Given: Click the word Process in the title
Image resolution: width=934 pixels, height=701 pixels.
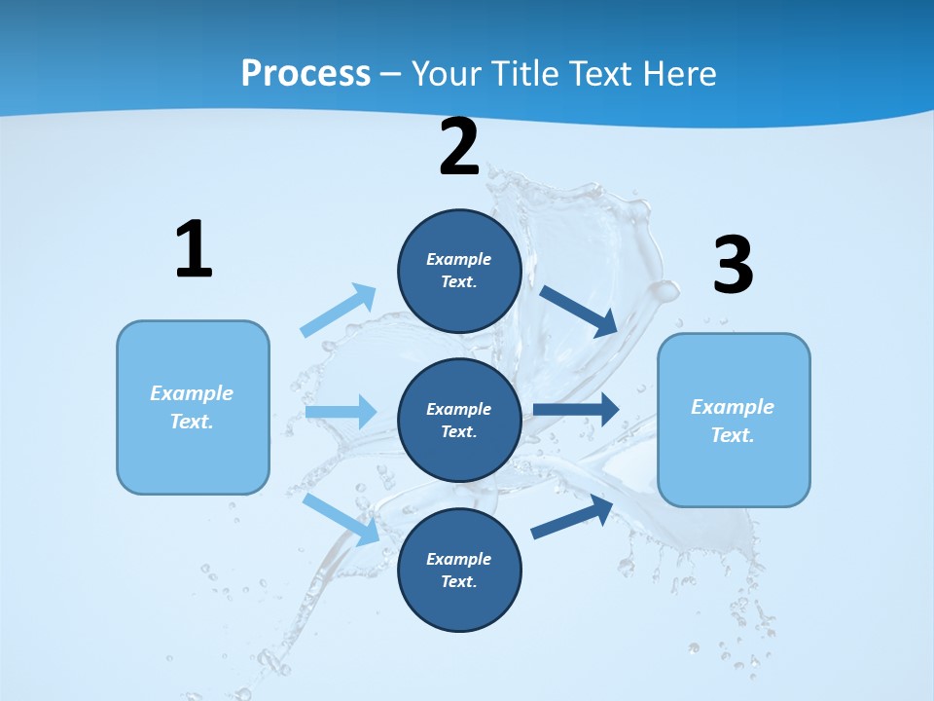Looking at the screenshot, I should pyautogui.click(x=305, y=73).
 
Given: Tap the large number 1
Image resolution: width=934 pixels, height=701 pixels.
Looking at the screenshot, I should pyautogui.click(x=194, y=250).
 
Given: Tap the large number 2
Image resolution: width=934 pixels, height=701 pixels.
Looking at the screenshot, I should pyautogui.click(x=459, y=148).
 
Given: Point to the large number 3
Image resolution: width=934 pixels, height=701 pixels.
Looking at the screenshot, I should pyautogui.click(x=733, y=266).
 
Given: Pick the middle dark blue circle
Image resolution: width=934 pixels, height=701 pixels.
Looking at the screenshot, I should pyautogui.click(x=459, y=421).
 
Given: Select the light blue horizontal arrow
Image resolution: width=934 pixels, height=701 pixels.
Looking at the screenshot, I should pyautogui.click(x=341, y=412).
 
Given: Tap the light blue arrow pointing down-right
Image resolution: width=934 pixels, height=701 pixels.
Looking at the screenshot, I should pyautogui.click(x=341, y=519).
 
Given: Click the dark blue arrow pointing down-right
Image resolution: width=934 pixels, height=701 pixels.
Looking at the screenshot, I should pyautogui.click(x=579, y=311).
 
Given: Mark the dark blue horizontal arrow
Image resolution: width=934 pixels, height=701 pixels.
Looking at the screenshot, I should pyautogui.click(x=576, y=409).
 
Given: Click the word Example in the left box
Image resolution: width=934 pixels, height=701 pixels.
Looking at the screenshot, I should pyautogui.click(x=192, y=393).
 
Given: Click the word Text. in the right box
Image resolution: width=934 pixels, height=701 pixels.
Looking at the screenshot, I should pyautogui.click(x=733, y=435).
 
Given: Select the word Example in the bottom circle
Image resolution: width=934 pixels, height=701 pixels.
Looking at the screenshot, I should pyautogui.click(x=458, y=559).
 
